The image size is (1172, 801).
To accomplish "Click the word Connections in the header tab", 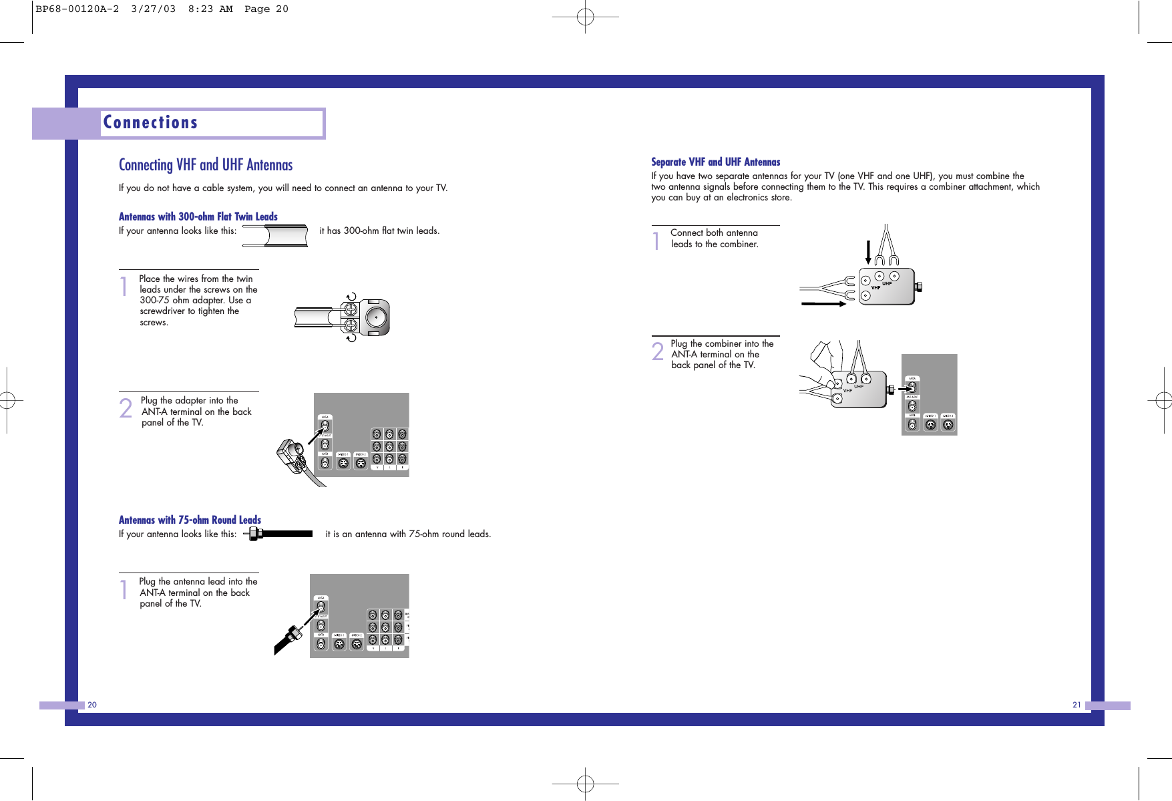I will [150, 123].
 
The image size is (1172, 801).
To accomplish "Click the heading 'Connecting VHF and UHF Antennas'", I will [206, 165].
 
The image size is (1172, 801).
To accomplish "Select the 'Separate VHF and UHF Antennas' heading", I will [715, 162].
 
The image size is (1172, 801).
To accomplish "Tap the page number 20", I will [92, 705].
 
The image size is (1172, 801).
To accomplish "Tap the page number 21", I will [1077, 705].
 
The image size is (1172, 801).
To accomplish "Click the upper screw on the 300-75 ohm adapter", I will [350, 310].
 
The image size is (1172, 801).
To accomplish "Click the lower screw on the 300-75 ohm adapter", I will [350, 326].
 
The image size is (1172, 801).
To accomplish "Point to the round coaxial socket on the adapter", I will [376, 317].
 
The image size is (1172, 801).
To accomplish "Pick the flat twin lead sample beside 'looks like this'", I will [275, 236].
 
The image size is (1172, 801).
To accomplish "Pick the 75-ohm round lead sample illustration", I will [278, 534].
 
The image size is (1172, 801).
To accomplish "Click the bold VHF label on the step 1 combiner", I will [875, 288].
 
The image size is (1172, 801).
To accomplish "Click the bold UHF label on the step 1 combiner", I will [887, 283].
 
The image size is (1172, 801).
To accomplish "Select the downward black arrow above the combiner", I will [868, 252].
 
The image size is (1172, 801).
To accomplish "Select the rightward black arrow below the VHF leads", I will [823, 304].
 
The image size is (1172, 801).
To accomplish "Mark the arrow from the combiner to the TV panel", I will [906, 389].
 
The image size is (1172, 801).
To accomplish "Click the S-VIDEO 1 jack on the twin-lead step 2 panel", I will [343, 462].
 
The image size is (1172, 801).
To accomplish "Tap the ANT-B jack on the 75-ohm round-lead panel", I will [321, 644].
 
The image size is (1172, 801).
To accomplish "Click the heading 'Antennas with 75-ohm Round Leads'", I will [190, 520].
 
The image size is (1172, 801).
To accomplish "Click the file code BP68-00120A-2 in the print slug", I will [77, 9].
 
